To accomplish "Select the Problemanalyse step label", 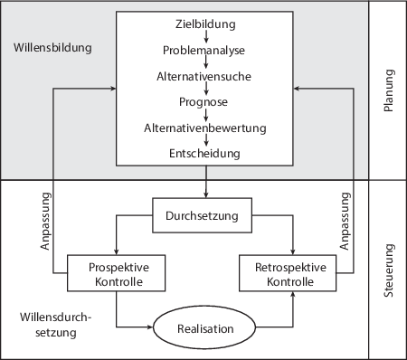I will (205, 49).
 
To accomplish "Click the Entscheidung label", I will (205, 154).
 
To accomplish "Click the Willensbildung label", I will (53, 46).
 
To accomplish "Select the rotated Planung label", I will (389, 90).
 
